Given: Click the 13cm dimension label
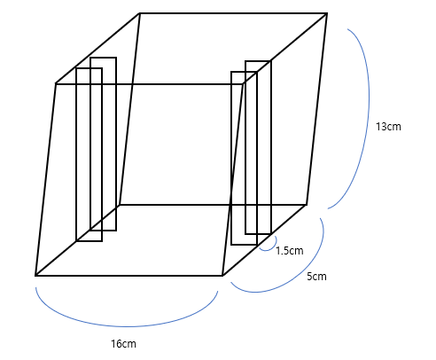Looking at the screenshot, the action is (388, 127).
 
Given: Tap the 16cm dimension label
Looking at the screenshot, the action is (123, 344).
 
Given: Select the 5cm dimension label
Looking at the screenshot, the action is (316, 277).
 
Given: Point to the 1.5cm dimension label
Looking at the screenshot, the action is (290, 251).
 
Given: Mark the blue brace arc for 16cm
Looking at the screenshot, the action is (127, 326).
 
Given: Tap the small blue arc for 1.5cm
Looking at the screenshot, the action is (268, 250).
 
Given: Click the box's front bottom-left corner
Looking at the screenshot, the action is (35, 276).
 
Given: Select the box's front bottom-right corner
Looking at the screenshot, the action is (222, 276).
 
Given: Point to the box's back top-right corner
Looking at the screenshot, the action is (327, 13).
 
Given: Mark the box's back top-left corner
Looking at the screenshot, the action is (139, 13).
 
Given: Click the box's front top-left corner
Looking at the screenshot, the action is (56, 83).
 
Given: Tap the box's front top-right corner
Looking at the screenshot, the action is (244, 83).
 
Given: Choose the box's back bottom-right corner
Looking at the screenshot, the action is (307, 204).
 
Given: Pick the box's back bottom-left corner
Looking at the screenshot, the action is (120, 204).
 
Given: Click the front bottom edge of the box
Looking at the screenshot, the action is (129, 276).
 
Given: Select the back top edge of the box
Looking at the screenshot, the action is (233, 13).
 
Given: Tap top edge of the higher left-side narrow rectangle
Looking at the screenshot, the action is (104, 58).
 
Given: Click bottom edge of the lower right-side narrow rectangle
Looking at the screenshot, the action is (245, 245).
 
